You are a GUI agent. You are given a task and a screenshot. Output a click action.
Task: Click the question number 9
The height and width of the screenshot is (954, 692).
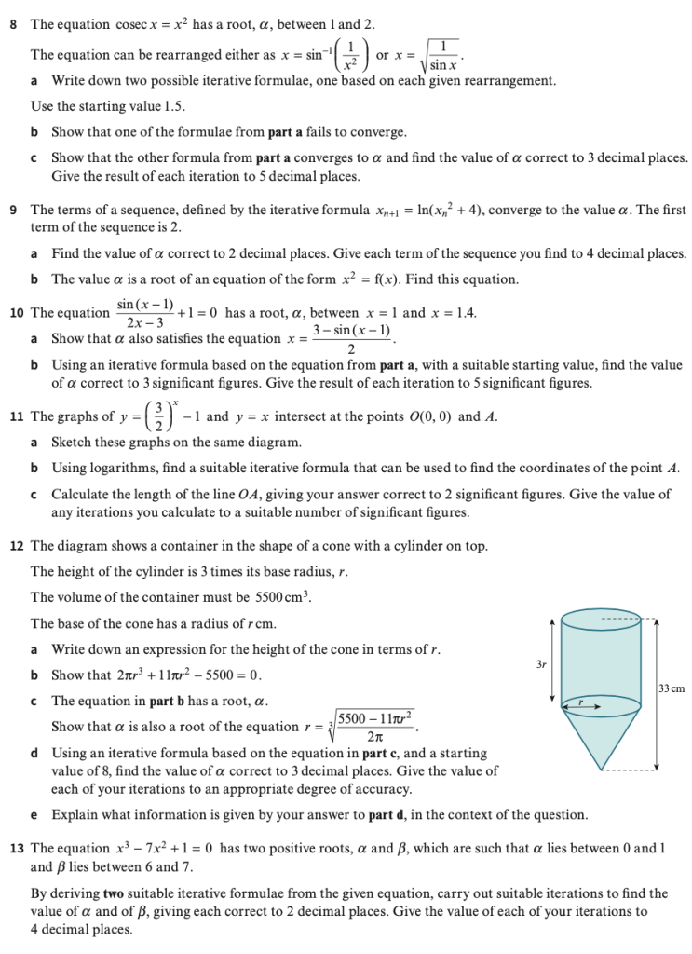pyautogui.click(x=13, y=211)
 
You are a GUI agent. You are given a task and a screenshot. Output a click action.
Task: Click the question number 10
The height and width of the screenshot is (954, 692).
pyautogui.click(x=16, y=313)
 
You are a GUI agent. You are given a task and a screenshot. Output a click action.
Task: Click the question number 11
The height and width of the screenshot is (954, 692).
pyautogui.click(x=16, y=416)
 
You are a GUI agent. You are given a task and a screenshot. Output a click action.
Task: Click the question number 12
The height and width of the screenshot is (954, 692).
pyautogui.click(x=16, y=546)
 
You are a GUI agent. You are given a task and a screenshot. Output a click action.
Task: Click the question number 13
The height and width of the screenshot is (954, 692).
pyautogui.click(x=16, y=848)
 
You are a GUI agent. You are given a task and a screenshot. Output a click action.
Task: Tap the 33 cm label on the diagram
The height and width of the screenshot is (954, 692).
pyautogui.click(x=671, y=689)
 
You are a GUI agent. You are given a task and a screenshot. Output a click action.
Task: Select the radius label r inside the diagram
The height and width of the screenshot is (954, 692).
pyautogui.click(x=580, y=701)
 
